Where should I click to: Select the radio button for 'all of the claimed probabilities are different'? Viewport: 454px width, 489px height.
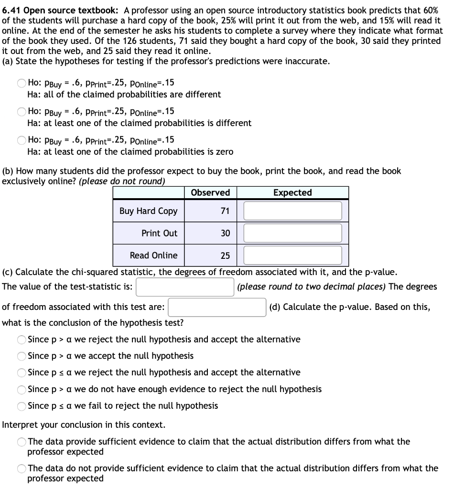pos(22,83)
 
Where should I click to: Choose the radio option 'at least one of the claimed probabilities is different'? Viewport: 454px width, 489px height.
pos(22,111)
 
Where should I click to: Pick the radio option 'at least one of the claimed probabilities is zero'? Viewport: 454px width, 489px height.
pos(22,140)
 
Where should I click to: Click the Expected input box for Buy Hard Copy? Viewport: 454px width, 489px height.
pos(293,211)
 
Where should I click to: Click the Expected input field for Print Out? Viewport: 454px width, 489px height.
pos(293,233)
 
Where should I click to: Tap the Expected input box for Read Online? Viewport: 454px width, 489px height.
pos(293,255)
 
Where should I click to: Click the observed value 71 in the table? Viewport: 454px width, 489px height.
pos(225,211)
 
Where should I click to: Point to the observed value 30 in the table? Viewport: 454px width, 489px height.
pos(225,233)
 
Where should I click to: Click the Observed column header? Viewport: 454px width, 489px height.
pos(210,192)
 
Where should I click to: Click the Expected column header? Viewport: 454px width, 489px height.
pos(292,192)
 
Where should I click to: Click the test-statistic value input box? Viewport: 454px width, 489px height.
pos(185,287)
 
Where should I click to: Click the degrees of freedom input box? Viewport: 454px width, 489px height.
pos(217,307)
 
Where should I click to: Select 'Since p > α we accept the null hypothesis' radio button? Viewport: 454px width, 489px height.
pos(22,356)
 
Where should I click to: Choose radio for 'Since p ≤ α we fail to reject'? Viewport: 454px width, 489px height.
pos(22,406)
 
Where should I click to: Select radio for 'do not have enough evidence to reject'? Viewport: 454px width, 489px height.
pos(22,389)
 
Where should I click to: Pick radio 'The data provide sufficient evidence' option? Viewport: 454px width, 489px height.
pos(22,442)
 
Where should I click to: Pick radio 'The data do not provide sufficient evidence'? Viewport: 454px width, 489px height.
pos(22,468)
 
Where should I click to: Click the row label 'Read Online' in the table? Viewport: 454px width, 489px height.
pos(153,255)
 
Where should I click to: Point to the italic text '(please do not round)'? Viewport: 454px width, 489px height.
pos(121,181)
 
